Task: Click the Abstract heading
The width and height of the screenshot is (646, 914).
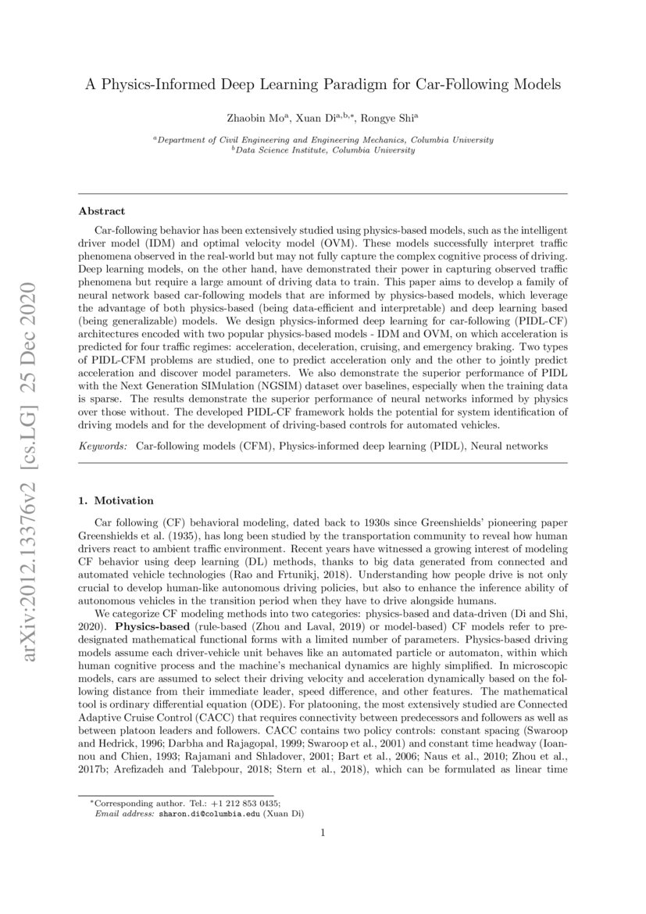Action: click(102, 211)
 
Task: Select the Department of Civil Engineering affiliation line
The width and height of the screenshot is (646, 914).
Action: click(323, 140)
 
